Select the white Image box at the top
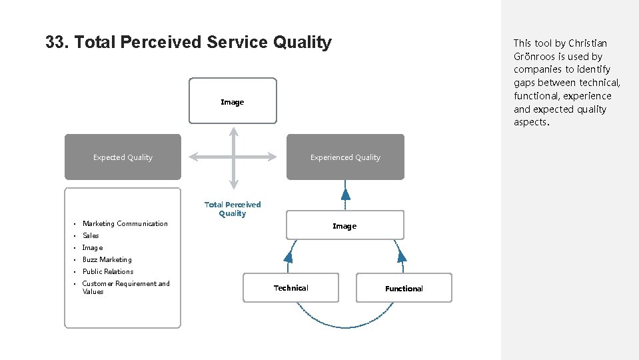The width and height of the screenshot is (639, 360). tap(233, 101)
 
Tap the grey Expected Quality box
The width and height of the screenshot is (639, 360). tap(123, 157)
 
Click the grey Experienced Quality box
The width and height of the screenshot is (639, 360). tap(345, 157)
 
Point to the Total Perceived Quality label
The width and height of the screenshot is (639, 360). tap(233, 209)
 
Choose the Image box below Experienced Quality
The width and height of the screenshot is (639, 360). tap(344, 226)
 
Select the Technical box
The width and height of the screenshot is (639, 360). tap(291, 288)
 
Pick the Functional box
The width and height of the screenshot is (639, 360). tap(404, 288)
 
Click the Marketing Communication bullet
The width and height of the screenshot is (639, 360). tap(125, 224)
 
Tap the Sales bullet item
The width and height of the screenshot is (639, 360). tap(91, 236)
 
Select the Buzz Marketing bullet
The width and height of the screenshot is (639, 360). tap(107, 260)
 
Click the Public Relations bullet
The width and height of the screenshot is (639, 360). tap(107, 272)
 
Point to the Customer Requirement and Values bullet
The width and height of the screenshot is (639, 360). tap(125, 287)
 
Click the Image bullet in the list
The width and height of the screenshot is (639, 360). tap(93, 248)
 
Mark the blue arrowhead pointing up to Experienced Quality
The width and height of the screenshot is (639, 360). tap(345, 194)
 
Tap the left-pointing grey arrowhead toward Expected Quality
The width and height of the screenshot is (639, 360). tap(194, 157)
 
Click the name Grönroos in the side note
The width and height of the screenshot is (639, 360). tap(536, 57)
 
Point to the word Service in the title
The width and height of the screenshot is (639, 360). tap(237, 43)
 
